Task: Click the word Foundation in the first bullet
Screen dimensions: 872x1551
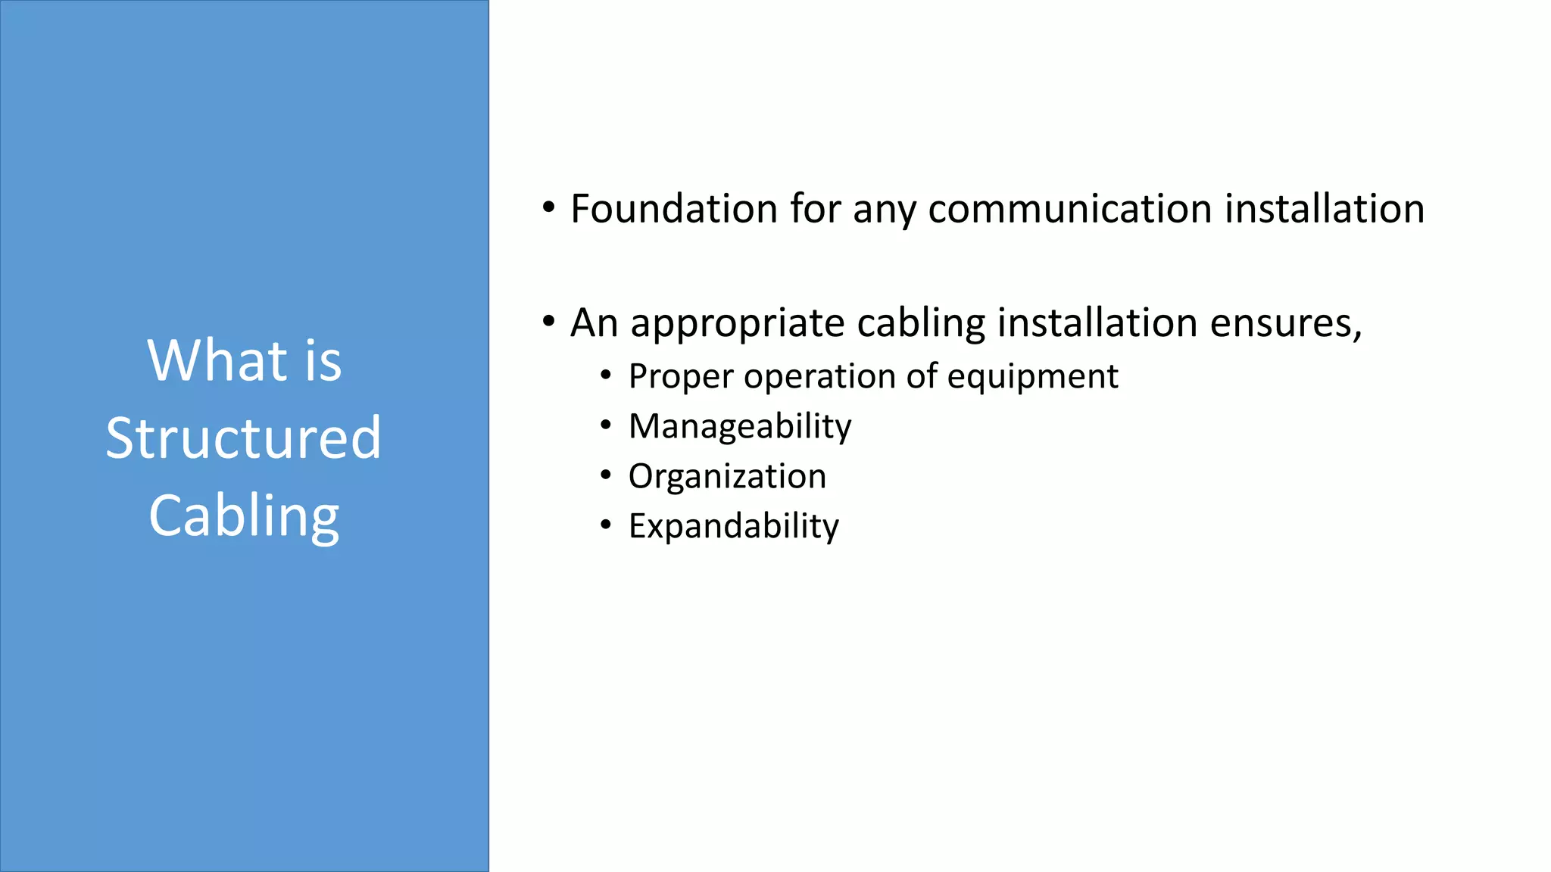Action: [x=673, y=209]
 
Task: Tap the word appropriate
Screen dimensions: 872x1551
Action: [x=738, y=324]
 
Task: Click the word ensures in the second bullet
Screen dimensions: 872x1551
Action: [x=1285, y=324]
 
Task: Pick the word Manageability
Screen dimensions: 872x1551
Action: [x=740, y=427]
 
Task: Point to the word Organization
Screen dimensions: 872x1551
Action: [x=727, y=476]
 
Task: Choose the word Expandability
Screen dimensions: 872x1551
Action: [x=733, y=526]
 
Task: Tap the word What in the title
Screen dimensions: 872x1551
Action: [x=217, y=360]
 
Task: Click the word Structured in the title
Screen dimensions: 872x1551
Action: [x=243, y=438]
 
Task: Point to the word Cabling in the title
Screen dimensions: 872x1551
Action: [x=244, y=517]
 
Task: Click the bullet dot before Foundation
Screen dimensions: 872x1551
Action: [x=549, y=208]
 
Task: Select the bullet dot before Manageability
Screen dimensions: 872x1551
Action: [x=605, y=425]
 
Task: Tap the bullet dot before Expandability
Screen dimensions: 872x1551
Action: [x=605, y=525]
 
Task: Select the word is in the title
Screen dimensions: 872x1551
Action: [x=323, y=360]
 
